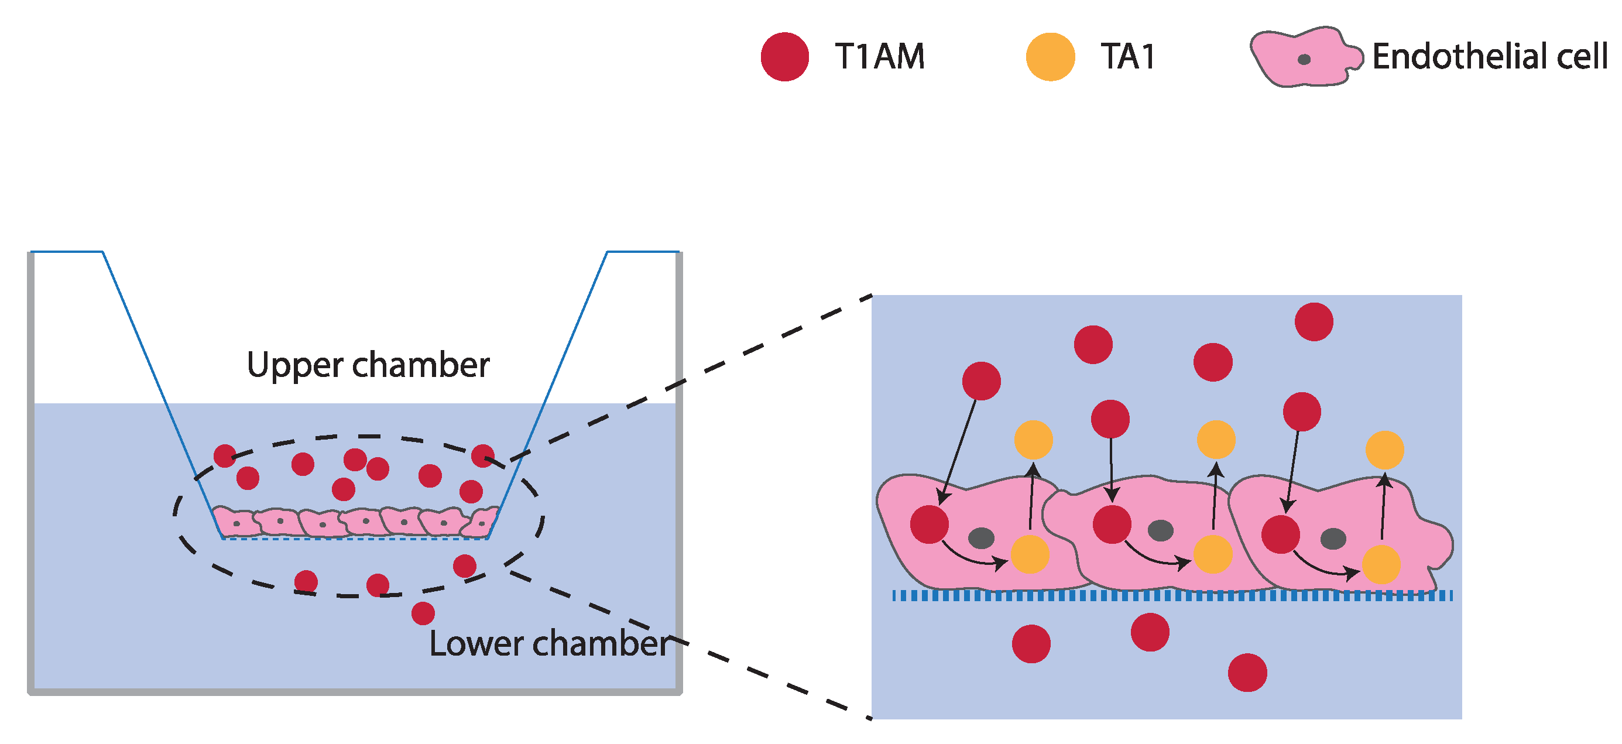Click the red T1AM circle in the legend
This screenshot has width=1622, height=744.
click(x=784, y=57)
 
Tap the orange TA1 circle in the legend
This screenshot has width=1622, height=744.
click(x=1050, y=57)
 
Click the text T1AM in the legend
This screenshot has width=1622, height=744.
click(x=880, y=57)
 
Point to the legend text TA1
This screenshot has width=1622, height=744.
click(x=1128, y=57)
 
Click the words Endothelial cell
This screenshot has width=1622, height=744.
click(x=1489, y=57)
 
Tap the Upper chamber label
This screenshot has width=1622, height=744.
click(x=368, y=365)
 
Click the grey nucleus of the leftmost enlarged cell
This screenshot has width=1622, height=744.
click(x=981, y=537)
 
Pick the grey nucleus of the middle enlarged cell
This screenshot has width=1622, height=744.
click(x=1161, y=530)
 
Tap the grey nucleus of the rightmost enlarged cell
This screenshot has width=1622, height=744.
click(x=1333, y=538)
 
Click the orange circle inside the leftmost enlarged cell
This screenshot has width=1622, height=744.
click(x=1030, y=554)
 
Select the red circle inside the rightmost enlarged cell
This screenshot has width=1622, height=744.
click(x=1280, y=534)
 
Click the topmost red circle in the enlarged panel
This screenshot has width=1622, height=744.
click(x=1314, y=321)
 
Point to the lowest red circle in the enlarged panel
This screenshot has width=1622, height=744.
click(x=1247, y=672)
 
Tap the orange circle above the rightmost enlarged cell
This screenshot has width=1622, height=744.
click(x=1384, y=450)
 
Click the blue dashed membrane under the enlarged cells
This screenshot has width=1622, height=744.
click(x=1171, y=595)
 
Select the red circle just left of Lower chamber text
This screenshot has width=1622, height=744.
click(x=423, y=613)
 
